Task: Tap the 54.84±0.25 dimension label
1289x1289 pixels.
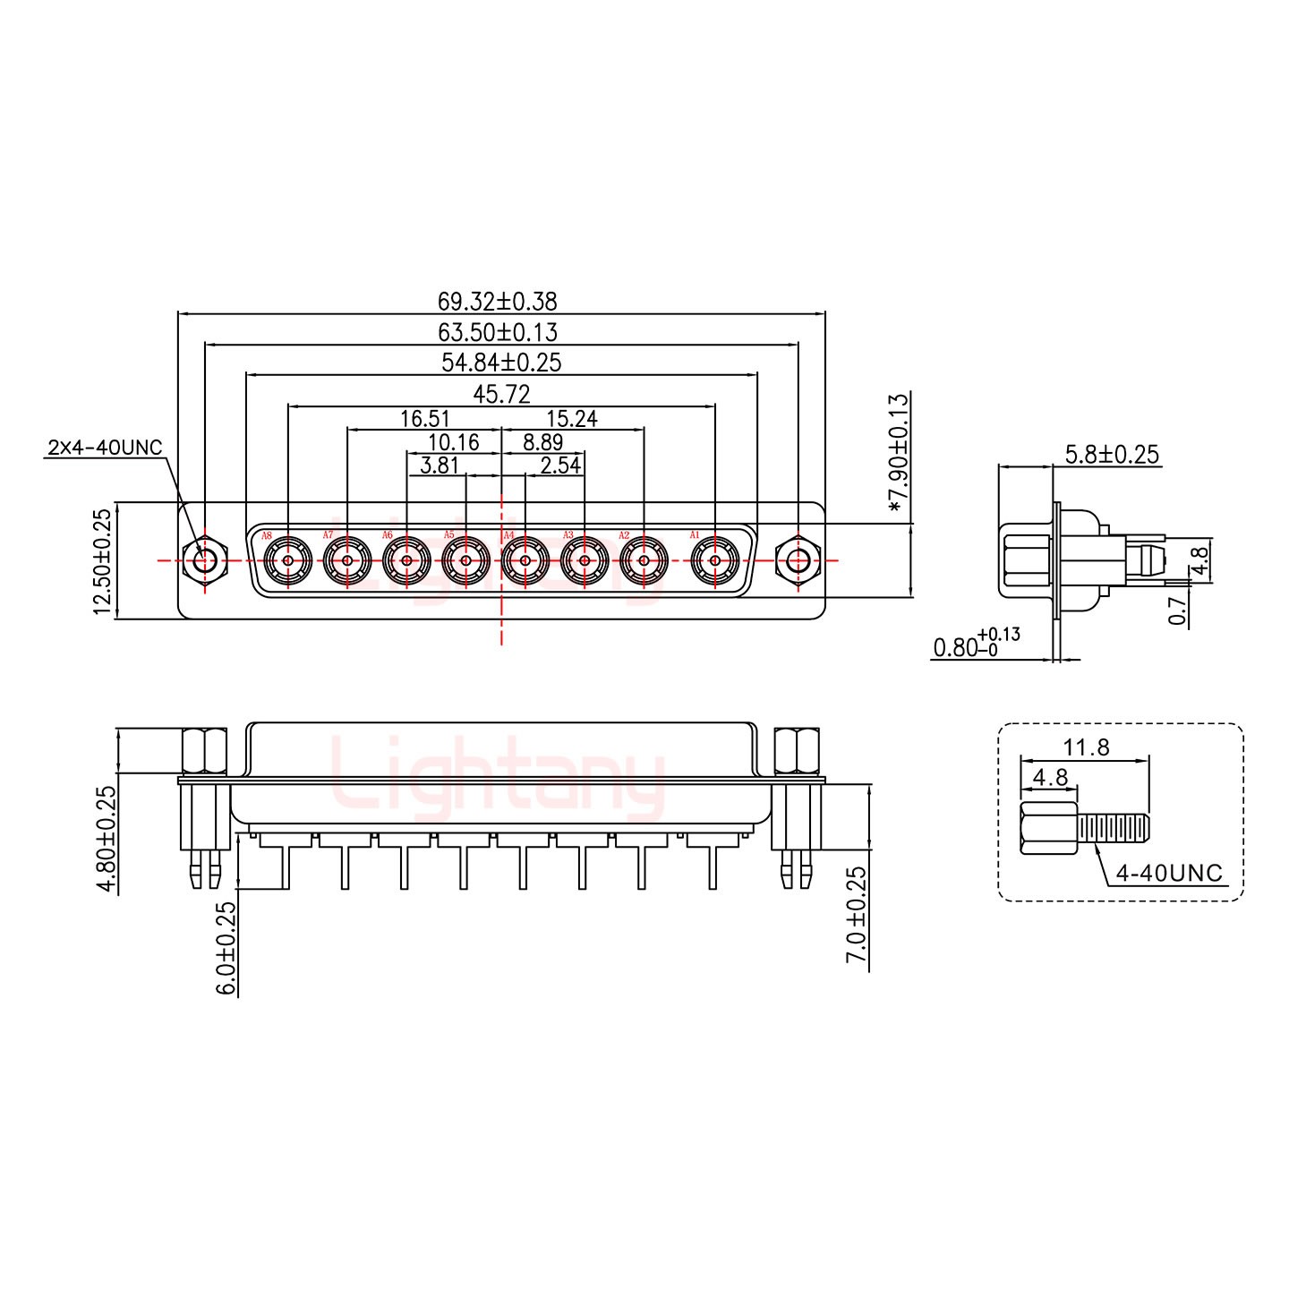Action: [x=501, y=363]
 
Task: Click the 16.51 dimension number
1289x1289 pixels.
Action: [x=424, y=418]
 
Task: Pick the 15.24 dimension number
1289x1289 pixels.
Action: [x=571, y=418]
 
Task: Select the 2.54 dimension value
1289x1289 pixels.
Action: [x=560, y=465]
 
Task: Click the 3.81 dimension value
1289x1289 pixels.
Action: [x=440, y=465]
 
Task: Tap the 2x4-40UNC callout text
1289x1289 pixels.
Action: [x=105, y=447]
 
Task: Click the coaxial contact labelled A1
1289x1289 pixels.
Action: [x=715, y=561]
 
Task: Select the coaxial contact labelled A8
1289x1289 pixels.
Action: [x=288, y=561]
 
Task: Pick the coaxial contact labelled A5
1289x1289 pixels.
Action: [x=465, y=561]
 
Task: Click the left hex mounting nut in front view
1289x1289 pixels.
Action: [x=204, y=561]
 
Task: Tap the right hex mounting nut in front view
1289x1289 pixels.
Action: [x=798, y=561]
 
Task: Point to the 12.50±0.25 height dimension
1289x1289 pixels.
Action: [x=102, y=561]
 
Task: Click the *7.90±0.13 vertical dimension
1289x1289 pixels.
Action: [x=898, y=454]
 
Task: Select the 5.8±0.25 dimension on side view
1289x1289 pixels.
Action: [x=1112, y=455]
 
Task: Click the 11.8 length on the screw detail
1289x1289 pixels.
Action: [x=1086, y=747]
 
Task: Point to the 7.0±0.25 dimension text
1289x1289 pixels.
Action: [x=856, y=914]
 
